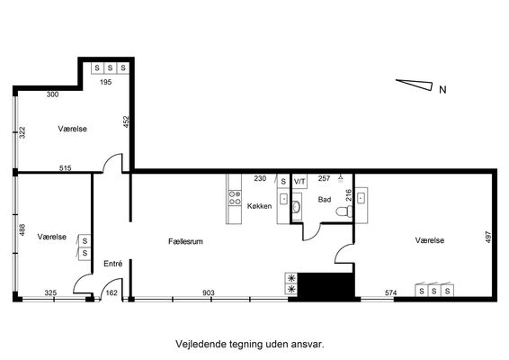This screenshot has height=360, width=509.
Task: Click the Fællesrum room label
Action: tap(185, 241)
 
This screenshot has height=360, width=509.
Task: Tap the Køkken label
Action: tap(259, 206)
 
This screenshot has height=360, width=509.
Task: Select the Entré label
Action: tap(113, 264)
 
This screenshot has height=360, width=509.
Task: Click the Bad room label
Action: tap(325, 200)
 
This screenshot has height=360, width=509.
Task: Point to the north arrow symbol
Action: tap(415, 85)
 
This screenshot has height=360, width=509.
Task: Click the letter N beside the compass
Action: tap(442, 89)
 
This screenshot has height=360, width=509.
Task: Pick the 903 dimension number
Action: tap(209, 292)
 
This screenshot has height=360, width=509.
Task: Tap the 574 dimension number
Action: tap(391, 292)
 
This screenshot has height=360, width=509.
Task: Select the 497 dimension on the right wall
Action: tap(488, 238)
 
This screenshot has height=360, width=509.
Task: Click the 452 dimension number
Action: tap(126, 121)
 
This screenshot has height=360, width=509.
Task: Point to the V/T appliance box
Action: tap(299, 181)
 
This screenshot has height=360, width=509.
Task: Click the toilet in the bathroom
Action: tap(344, 211)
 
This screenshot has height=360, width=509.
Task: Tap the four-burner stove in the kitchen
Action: tap(235, 198)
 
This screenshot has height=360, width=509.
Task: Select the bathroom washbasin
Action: tap(296, 206)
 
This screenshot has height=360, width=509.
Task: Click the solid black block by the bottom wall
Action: tap(326, 285)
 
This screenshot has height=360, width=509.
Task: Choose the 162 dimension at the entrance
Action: tap(112, 292)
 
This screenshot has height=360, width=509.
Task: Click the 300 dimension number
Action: tap(52, 94)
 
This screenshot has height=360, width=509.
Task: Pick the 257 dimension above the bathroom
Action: tap(324, 178)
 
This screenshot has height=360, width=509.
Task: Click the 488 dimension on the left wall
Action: tap(22, 229)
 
